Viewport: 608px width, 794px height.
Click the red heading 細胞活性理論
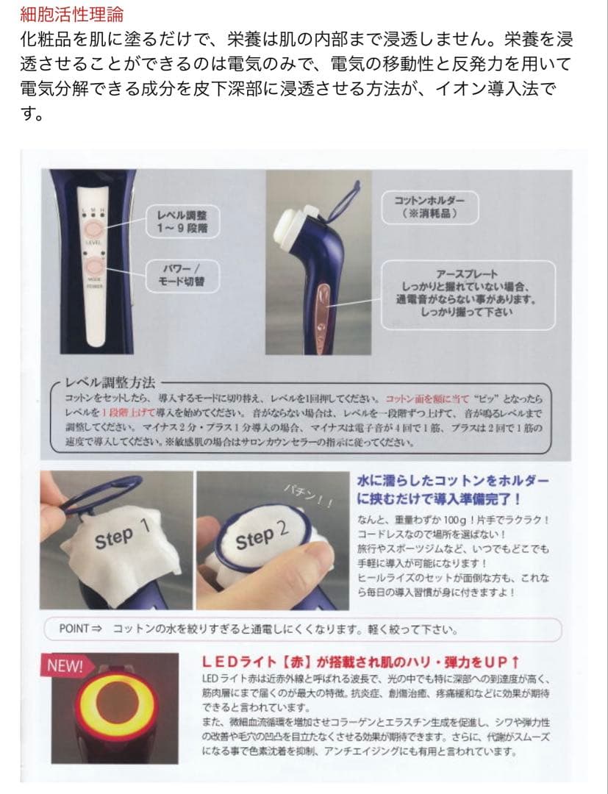pos(72,13)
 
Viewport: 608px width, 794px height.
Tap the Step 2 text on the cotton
pos(262,536)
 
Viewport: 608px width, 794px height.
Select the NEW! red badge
pos(65,665)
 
